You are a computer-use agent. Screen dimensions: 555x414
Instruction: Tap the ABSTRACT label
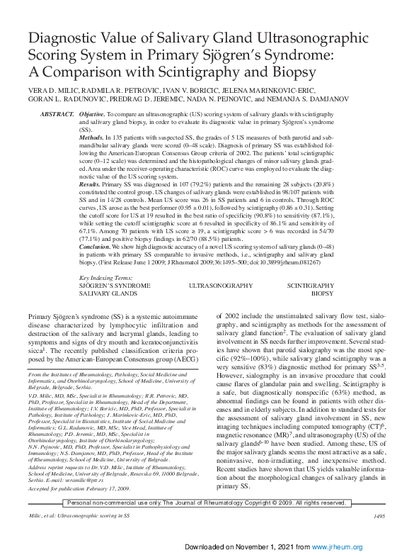pyautogui.click(x=57, y=114)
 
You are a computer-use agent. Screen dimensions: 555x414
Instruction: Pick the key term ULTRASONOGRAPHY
pyautogui.click(x=220, y=286)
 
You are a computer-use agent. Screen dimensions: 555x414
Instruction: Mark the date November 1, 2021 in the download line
pyautogui.click(x=268, y=547)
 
